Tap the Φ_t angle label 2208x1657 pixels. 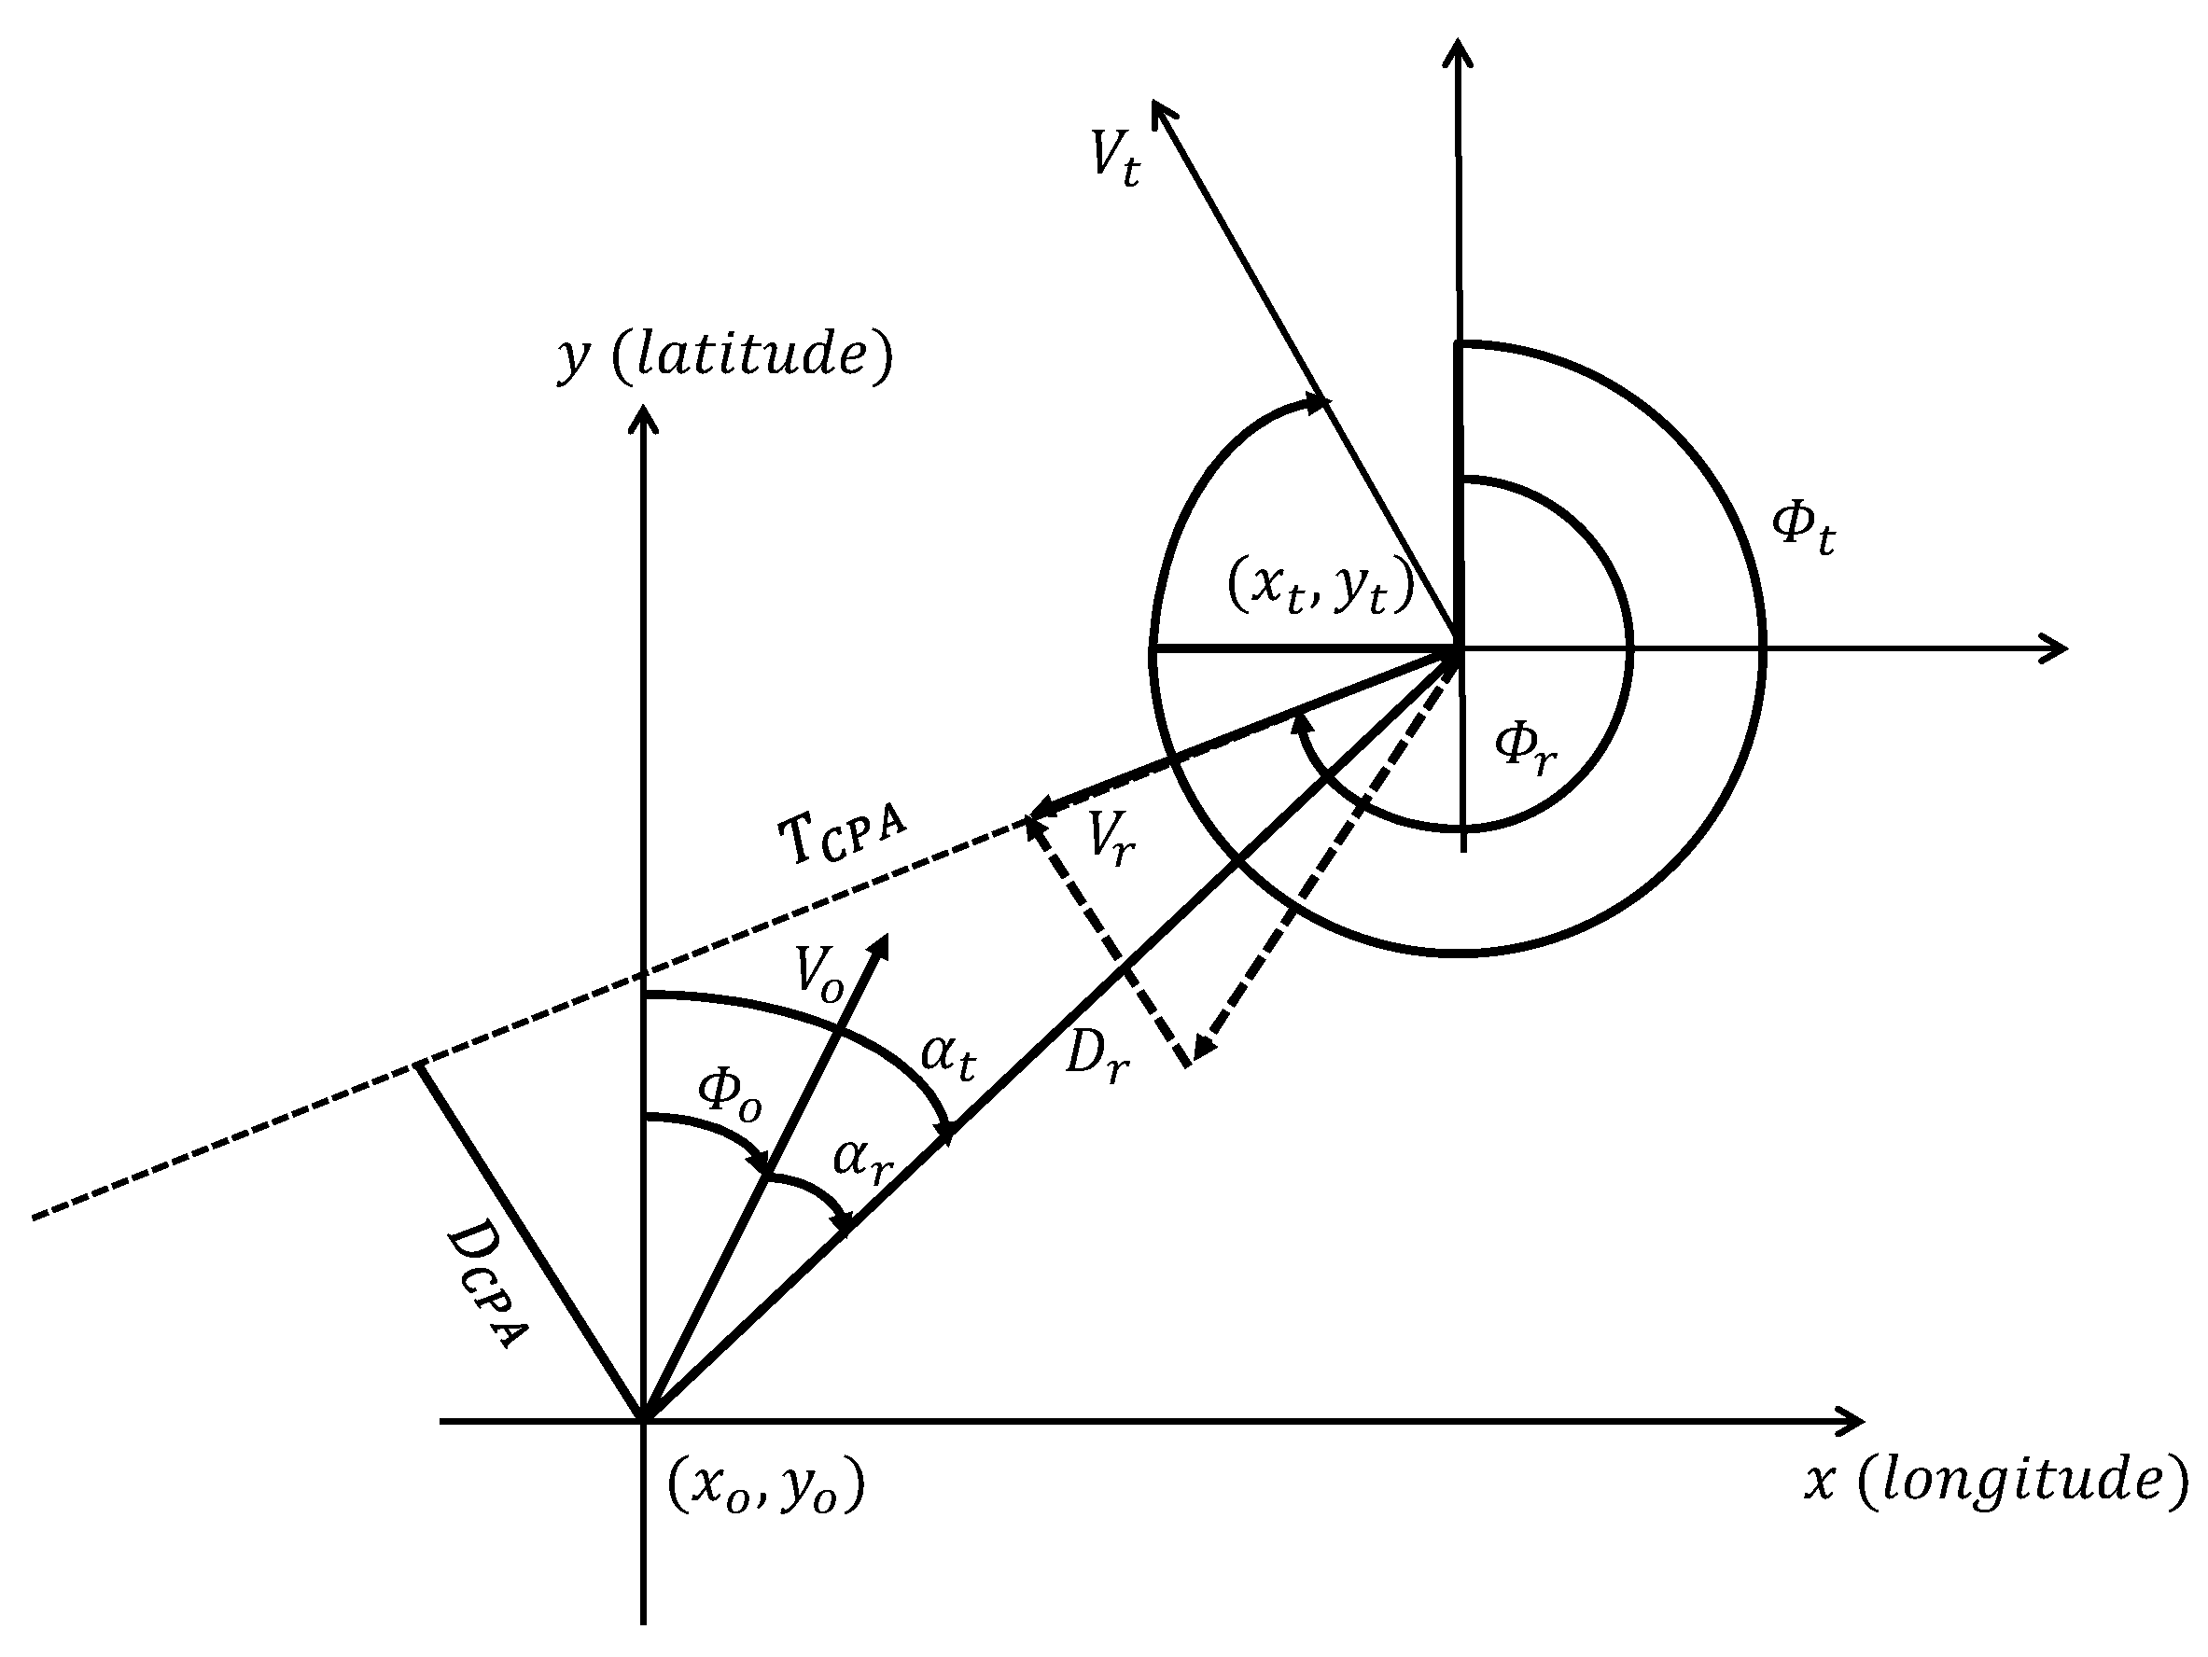tap(1803, 528)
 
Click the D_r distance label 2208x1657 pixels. tap(1096, 1056)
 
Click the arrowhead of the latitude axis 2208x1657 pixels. tap(644, 414)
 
